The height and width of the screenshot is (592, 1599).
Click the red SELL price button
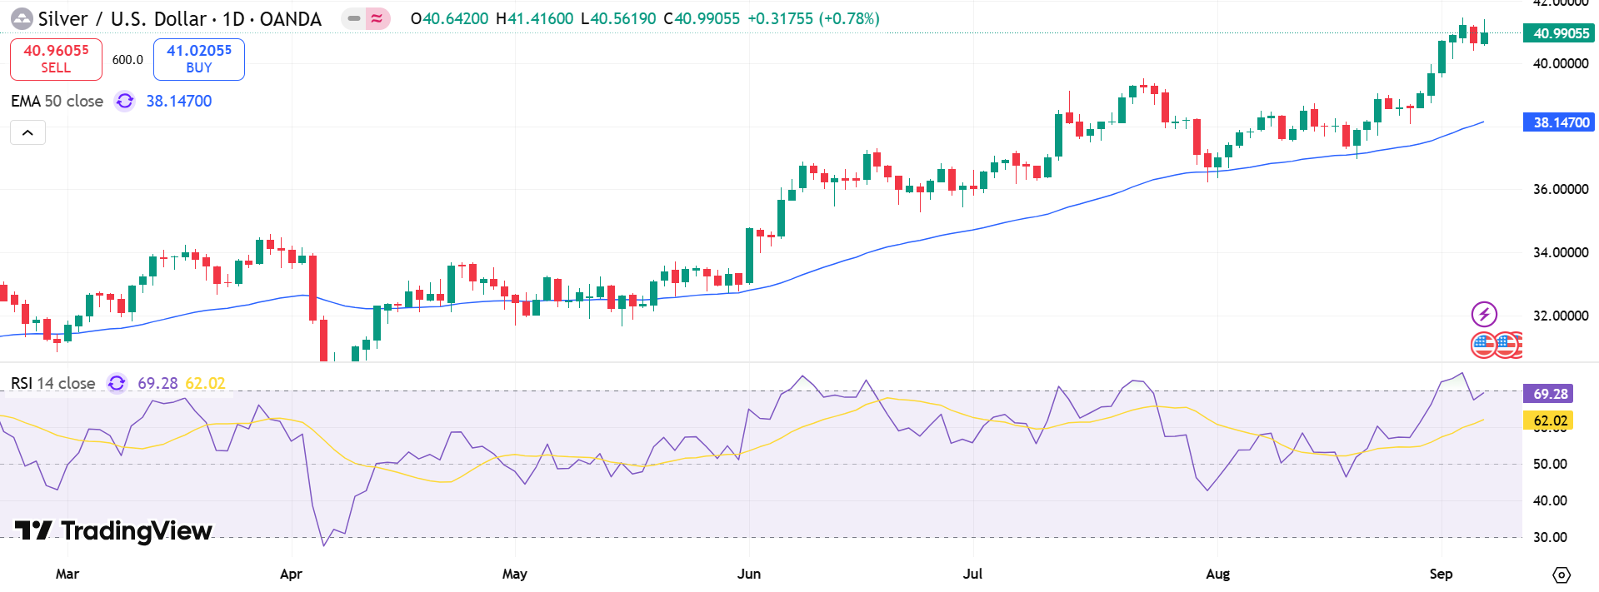[x=56, y=59]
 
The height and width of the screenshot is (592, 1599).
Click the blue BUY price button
[x=198, y=59]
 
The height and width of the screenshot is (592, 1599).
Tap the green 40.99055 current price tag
[x=1558, y=33]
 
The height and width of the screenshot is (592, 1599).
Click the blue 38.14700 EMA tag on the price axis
[x=1558, y=122]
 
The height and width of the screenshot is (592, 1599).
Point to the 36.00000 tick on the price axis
[x=1560, y=189]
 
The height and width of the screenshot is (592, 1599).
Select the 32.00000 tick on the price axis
[x=1560, y=316]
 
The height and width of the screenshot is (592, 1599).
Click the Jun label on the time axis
[x=748, y=574]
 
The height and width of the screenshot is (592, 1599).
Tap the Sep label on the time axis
[x=1440, y=574]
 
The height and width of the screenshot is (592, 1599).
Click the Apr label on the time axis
[x=291, y=574]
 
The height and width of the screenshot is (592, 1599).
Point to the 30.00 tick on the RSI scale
[x=1550, y=537]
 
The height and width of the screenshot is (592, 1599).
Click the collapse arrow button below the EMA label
[x=27, y=132]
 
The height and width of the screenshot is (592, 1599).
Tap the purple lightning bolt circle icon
[x=1483, y=314]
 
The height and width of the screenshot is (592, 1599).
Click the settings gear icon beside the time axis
[x=1561, y=575]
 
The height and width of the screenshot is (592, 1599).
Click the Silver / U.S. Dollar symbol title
[x=179, y=18]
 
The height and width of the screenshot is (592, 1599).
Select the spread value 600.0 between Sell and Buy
[x=127, y=60]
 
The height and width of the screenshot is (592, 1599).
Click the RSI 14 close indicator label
[x=53, y=383]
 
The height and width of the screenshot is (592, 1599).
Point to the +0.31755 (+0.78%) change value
[x=812, y=18]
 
